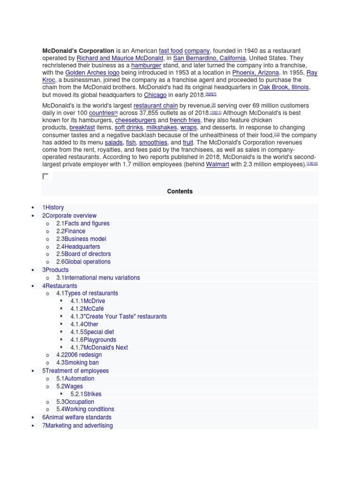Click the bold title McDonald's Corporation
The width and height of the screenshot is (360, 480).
(78, 51)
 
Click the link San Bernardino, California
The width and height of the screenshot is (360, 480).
(209, 58)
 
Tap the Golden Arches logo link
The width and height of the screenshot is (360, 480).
(92, 73)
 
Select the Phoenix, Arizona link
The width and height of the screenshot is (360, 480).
(256, 73)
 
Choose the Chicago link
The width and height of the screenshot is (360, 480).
(155, 95)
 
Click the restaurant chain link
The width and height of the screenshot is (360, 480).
(156, 105)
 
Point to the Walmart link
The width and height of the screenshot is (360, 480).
(217, 164)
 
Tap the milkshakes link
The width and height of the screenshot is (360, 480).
(162, 127)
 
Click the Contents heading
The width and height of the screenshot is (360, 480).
(180, 191)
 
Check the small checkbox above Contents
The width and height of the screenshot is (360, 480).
(45, 176)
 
